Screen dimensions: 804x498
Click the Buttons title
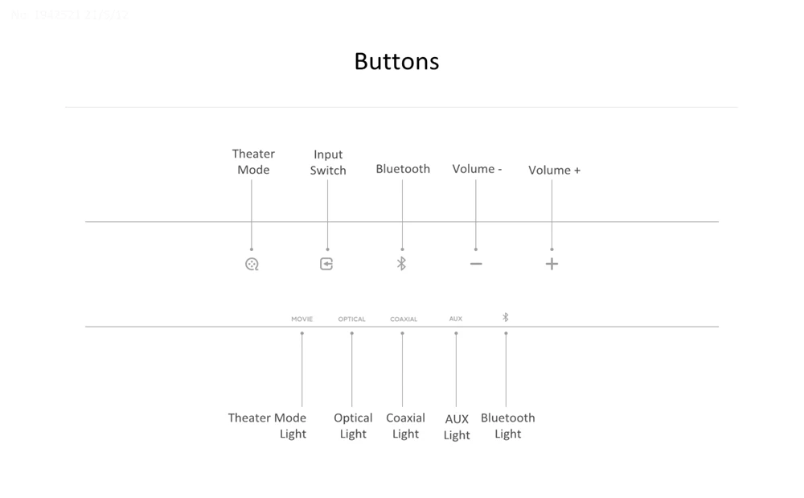coord(396,62)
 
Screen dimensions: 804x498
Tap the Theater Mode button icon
coord(252,264)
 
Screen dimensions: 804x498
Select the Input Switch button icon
coord(326,264)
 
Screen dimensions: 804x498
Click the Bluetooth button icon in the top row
coord(402,264)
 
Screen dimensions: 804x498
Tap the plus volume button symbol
coord(552,264)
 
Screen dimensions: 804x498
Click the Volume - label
coord(477,169)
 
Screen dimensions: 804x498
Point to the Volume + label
coord(554,170)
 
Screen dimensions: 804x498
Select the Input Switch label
coord(328,162)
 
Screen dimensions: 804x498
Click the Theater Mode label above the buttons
coord(253,161)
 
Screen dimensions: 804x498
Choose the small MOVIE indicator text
coord(302,319)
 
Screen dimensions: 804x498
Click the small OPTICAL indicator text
coord(351,319)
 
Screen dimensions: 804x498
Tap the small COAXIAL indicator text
coord(404,319)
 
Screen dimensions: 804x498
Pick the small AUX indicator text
coord(456,319)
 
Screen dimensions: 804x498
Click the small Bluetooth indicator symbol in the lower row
coord(506,318)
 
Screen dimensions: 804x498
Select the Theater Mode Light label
coord(268,426)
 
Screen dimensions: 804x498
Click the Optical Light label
coord(353,426)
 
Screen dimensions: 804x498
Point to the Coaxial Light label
coord(405,426)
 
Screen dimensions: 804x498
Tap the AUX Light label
coord(457,426)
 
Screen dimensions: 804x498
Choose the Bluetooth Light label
coord(507,426)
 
